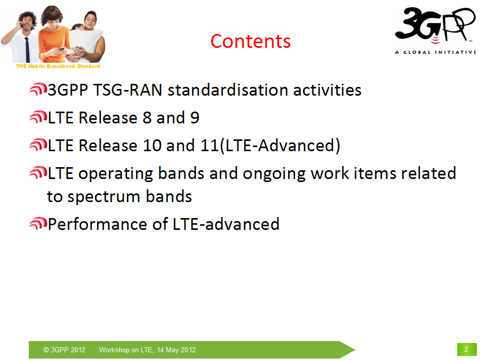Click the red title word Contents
pos(251,41)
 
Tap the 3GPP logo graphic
pos(435,25)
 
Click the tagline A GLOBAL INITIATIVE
pos(436,52)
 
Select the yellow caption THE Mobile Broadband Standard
pos(58,66)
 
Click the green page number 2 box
pos(467,350)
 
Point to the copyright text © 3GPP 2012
pos(64,350)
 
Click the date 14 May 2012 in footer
pos(176,350)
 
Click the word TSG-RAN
pos(127,90)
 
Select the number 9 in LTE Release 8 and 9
pos(195,118)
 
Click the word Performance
pos(98,224)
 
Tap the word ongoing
pos(274,174)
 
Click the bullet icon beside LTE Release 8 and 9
pos(38,117)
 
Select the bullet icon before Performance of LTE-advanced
pos(38,224)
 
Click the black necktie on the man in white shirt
pos(27,49)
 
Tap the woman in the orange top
pos(54,34)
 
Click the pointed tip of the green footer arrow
pos(355,350)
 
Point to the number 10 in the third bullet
pos(152,146)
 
